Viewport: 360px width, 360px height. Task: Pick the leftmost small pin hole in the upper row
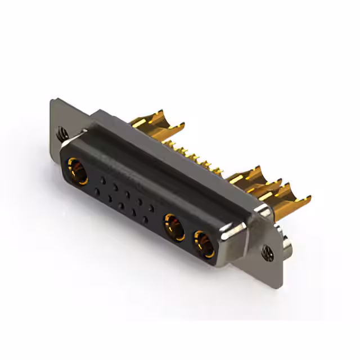102,180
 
